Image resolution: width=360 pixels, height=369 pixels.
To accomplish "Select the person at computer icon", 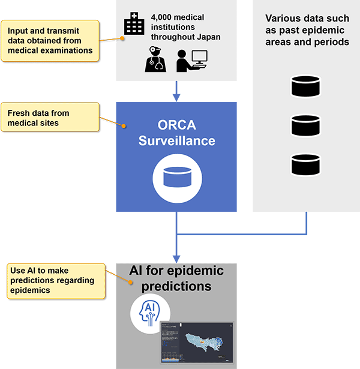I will pos(191,60).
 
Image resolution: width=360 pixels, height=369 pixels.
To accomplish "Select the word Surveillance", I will pos(176,142).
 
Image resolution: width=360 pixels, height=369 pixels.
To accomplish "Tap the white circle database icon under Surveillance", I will pos(176,178).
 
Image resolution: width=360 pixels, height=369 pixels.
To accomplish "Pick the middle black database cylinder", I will pos(306,125).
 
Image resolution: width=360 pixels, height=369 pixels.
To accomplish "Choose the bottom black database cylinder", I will pos(306,164).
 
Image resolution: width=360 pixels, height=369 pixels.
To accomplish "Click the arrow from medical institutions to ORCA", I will pos(176,90).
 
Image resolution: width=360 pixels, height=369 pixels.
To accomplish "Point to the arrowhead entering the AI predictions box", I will pos(176,257).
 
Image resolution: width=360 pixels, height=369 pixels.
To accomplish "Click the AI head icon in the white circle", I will pos(150,313).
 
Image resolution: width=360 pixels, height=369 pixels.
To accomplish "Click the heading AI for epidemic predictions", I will pos(176,278).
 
